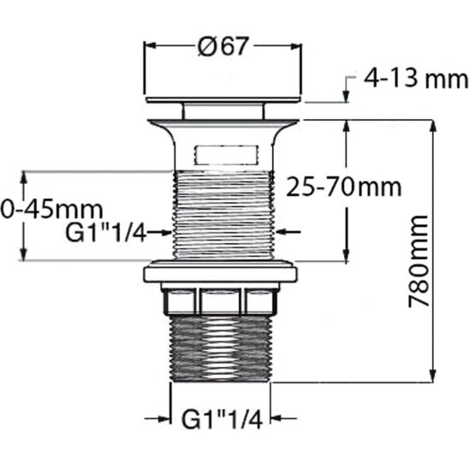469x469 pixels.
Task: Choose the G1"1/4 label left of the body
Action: [105, 231]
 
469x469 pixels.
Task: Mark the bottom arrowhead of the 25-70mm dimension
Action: [347, 254]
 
